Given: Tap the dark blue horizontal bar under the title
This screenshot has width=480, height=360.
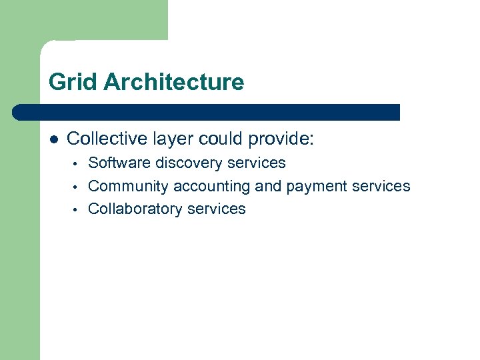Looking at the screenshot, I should point(207,112).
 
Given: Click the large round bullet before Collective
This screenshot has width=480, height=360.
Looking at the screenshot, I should point(54,139).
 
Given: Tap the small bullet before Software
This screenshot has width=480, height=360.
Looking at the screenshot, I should point(77,163).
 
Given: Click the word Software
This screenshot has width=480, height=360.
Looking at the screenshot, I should point(119,163).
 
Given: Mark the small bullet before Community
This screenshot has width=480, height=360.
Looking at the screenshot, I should point(77,187).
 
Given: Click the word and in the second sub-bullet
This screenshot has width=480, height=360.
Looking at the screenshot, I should point(268,186).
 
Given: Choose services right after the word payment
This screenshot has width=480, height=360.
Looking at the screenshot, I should point(382,186).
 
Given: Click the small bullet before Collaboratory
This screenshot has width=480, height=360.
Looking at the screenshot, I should point(77,209).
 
